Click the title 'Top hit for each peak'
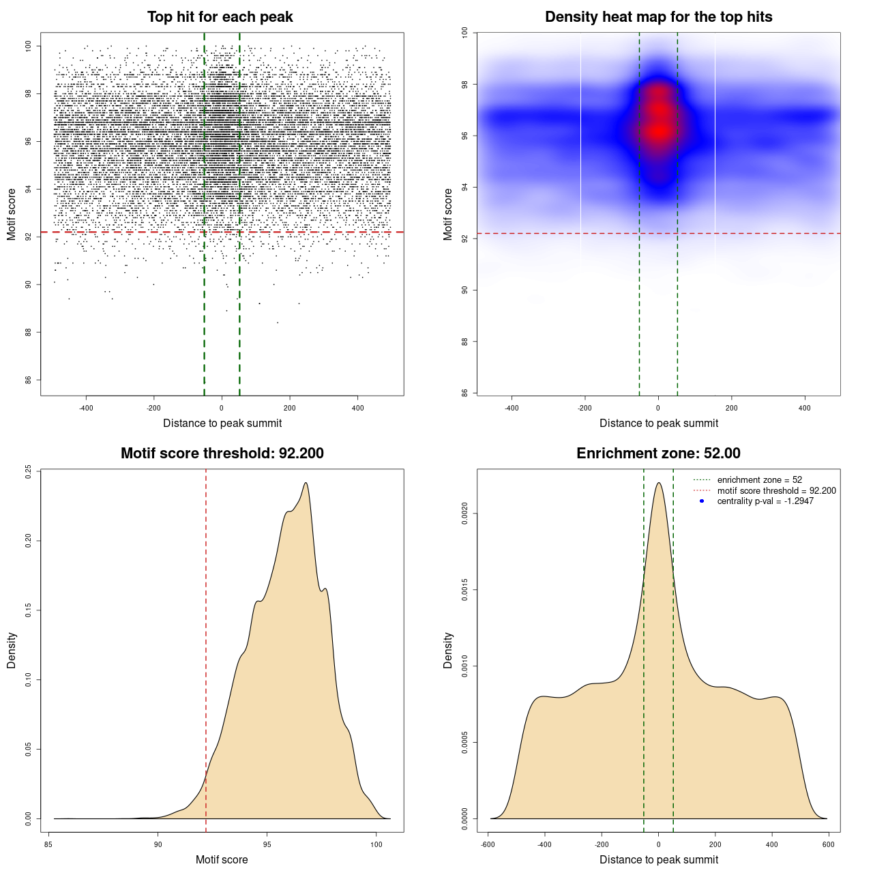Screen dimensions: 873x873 coord(220,17)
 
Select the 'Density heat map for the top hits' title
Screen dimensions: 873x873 coord(658,17)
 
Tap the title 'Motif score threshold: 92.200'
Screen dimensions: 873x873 coord(222,454)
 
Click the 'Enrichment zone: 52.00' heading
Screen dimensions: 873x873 coord(658,454)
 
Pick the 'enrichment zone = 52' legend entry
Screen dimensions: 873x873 coord(759,480)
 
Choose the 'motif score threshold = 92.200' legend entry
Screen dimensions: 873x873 coord(776,490)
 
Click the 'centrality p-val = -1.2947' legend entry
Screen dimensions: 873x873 coord(765,501)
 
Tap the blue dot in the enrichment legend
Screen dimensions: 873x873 coord(702,501)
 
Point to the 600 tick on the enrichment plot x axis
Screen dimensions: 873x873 coord(829,844)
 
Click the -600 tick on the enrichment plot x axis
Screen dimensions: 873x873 coord(488,844)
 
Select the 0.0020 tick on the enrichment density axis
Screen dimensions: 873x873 coord(464,514)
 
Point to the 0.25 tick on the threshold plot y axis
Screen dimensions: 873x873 coord(28,471)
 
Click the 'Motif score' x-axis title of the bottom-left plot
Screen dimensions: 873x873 coord(222,859)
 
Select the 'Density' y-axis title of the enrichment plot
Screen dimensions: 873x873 coord(448,650)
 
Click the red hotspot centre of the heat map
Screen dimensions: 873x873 coord(658,130)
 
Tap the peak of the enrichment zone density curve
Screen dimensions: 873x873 coord(658,483)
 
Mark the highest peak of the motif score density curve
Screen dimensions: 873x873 coord(306,483)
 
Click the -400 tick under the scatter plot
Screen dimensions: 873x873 coord(86,408)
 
